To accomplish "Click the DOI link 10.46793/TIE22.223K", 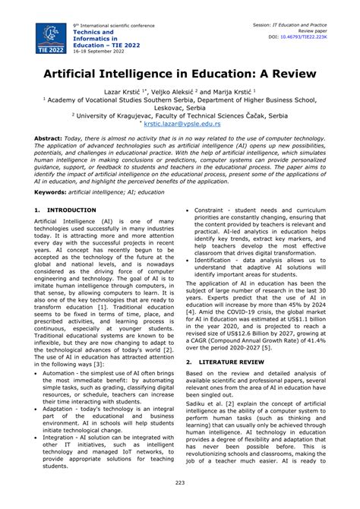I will pyautogui.click(x=320, y=36).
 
